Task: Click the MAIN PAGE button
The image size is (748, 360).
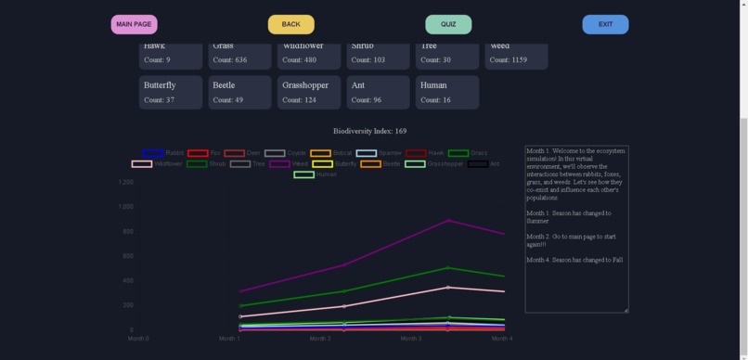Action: [134, 24]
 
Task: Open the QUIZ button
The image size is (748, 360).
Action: [448, 24]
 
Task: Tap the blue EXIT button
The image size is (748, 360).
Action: [605, 24]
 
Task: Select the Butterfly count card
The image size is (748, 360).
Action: [170, 92]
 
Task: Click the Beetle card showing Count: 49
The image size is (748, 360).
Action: [239, 92]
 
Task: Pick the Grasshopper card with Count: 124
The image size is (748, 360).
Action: [305, 92]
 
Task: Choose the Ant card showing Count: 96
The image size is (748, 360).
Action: [378, 92]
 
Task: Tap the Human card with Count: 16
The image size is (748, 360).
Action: [447, 92]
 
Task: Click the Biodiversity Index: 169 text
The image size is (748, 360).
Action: [369, 132]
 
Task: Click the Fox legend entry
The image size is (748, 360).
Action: [203, 153]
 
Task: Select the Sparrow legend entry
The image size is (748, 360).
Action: [379, 153]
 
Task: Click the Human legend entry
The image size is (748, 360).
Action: [315, 174]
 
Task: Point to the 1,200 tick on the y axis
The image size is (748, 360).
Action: [126, 183]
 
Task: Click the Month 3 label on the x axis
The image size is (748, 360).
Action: [411, 339]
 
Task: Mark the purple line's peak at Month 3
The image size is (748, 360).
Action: [449, 220]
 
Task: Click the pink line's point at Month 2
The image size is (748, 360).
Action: [344, 306]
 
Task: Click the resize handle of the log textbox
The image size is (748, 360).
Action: [625, 310]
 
